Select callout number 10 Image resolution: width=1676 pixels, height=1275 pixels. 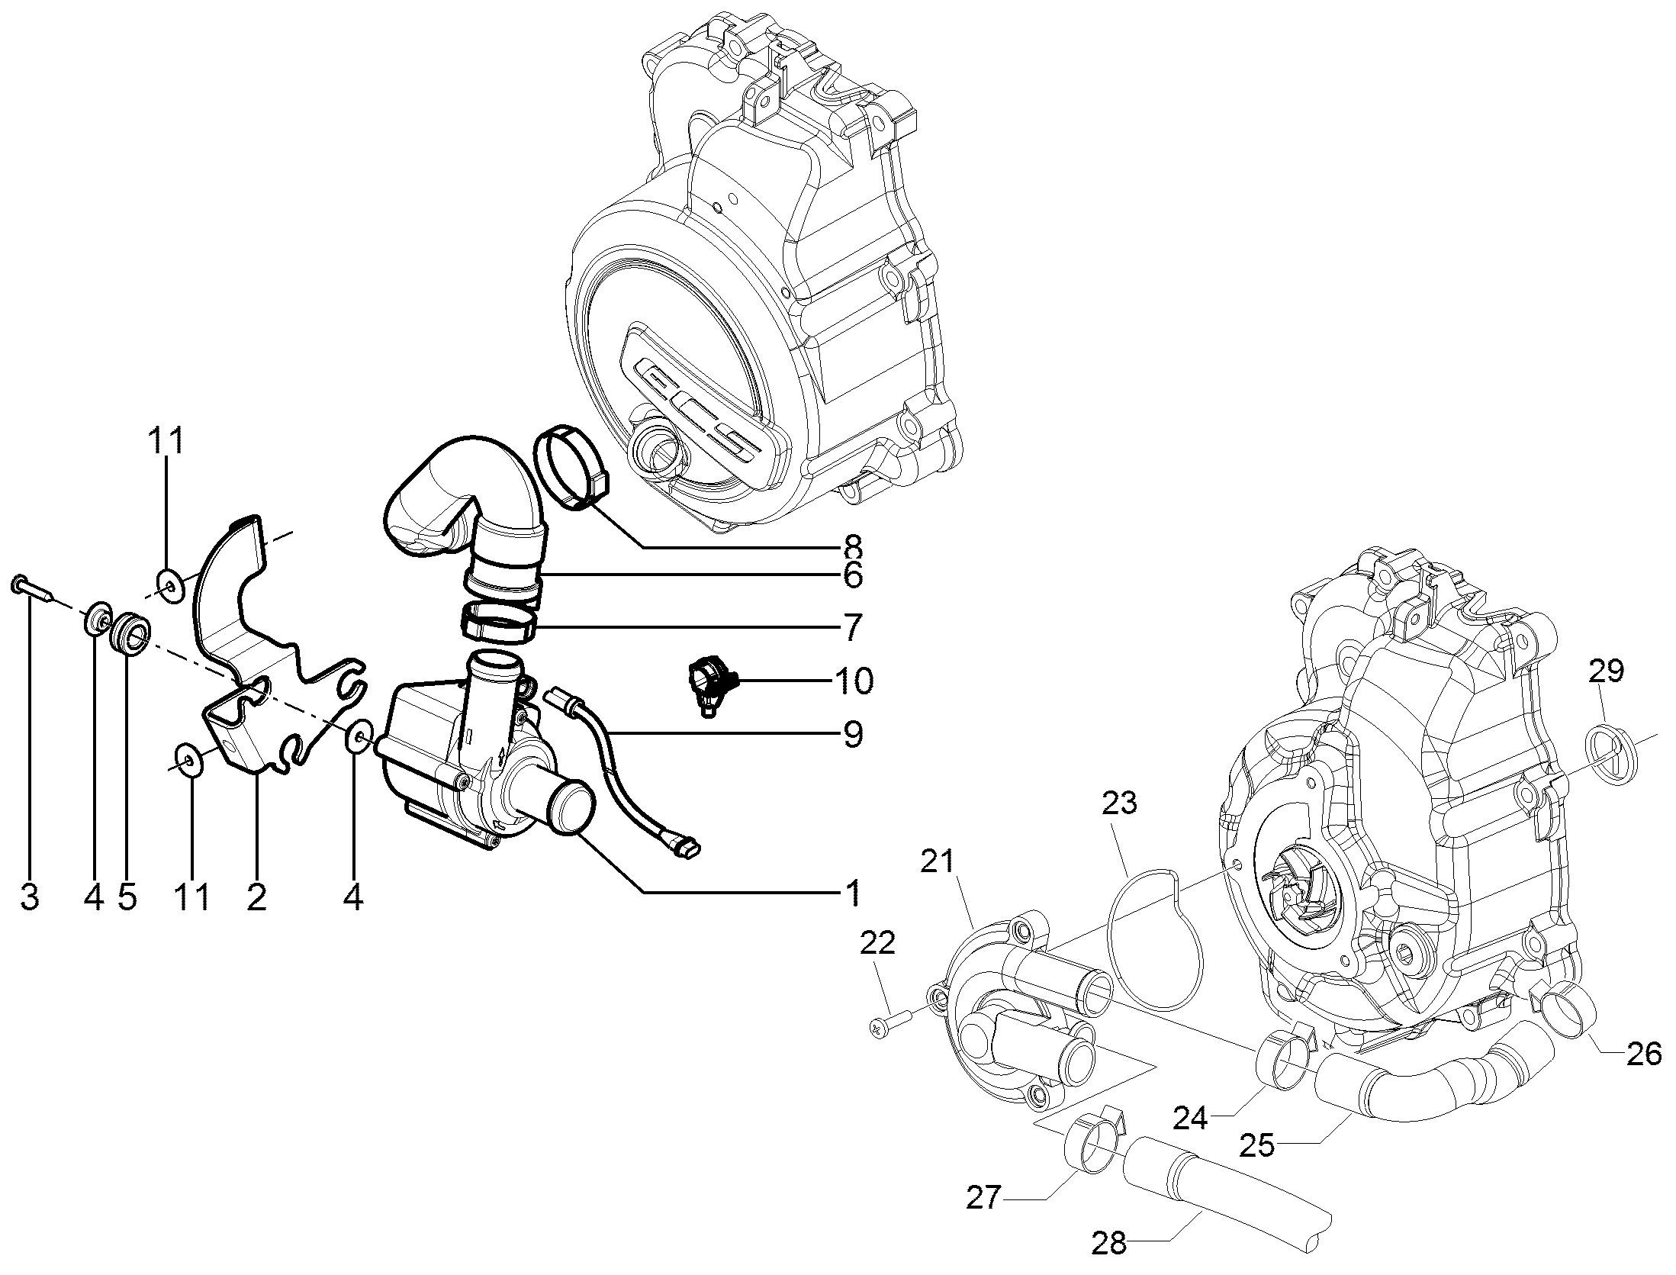pyautogui.click(x=854, y=681)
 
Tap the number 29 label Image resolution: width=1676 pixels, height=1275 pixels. pyautogui.click(x=1607, y=671)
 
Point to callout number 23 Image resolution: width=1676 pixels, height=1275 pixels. pyautogui.click(x=1119, y=803)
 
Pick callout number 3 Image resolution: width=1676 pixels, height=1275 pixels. pyautogui.click(x=29, y=897)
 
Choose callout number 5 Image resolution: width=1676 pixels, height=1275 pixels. pyautogui.click(x=127, y=897)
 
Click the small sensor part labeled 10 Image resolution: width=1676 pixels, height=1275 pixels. pyautogui.click(x=710, y=681)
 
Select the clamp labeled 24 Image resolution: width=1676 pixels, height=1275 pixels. pyautogui.click(x=1288, y=1062)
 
